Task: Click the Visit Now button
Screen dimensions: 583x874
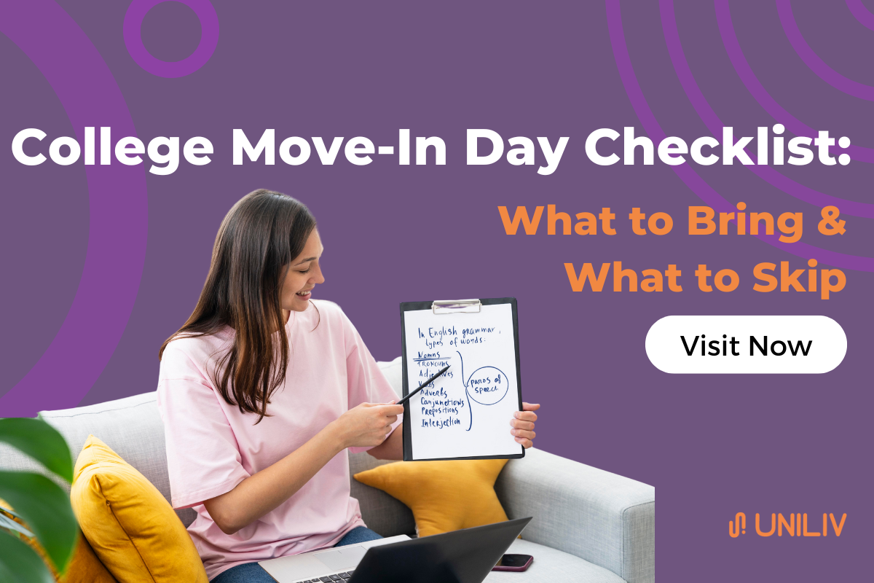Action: (x=745, y=345)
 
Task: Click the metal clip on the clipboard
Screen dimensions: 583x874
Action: (x=457, y=305)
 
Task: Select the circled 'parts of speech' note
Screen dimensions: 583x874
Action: (x=487, y=384)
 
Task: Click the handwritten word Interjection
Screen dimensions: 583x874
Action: (x=441, y=422)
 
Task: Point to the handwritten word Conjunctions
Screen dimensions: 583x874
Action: (x=442, y=402)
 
